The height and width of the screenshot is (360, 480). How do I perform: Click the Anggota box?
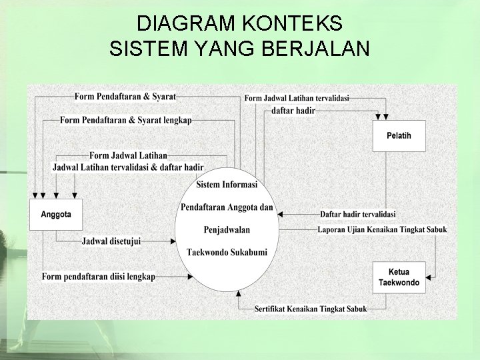point(56,215)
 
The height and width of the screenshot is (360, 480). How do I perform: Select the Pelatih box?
point(399,135)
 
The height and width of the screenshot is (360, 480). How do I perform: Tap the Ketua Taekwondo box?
point(399,277)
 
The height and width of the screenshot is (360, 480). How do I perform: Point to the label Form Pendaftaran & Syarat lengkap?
point(125,121)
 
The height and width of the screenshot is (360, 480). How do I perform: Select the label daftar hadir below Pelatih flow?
point(293,111)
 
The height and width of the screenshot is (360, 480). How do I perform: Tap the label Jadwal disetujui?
point(111,241)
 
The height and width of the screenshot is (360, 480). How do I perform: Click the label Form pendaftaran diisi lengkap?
point(98,277)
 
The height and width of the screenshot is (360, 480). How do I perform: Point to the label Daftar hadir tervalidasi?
point(357,214)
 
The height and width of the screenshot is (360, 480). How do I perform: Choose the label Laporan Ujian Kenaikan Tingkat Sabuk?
point(382,230)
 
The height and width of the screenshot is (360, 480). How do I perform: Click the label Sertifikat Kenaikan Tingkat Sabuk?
point(311,309)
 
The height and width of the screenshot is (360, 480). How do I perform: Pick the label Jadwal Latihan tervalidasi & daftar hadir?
point(128,167)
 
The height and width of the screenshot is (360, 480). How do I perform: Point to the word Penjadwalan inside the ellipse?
point(227,230)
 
